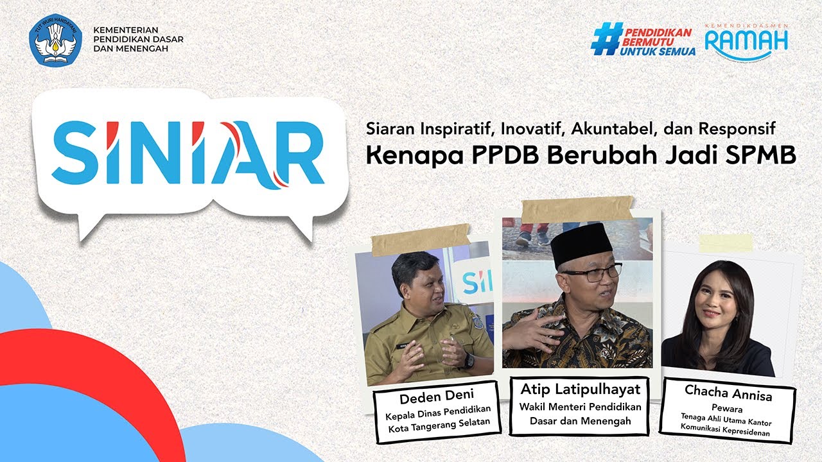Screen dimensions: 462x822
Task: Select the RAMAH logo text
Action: point(746,42)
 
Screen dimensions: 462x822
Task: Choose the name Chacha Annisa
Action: point(728,392)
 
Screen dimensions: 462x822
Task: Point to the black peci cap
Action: point(582,244)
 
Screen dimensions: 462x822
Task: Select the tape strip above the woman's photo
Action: point(726,243)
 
